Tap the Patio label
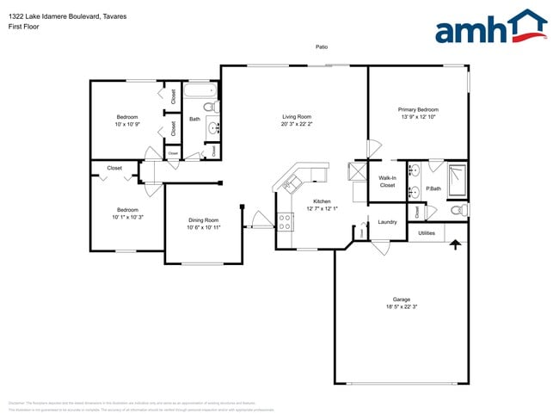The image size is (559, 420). pyautogui.click(x=321, y=47)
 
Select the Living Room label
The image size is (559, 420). pyautogui.click(x=297, y=116)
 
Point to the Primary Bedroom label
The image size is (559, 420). pyautogui.click(x=418, y=109)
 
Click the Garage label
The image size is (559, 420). pyautogui.click(x=402, y=300)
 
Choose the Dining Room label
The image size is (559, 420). pyautogui.click(x=204, y=219)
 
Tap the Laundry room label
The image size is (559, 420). pyautogui.click(x=387, y=222)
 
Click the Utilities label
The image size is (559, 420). pyautogui.click(x=427, y=232)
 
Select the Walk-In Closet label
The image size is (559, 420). pyautogui.click(x=387, y=182)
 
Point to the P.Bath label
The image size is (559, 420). pyautogui.click(x=433, y=188)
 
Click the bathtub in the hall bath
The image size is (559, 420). pyautogui.click(x=202, y=91)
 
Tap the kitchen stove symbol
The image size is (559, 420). pyautogui.click(x=285, y=220)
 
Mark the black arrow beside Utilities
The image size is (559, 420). pyautogui.click(x=455, y=245)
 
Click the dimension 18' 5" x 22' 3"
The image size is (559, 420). pyautogui.click(x=402, y=307)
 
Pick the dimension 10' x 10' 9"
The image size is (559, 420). pyautogui.click(x=127, y=124)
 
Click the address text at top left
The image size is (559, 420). pyautogui.click(x=58, y=15)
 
